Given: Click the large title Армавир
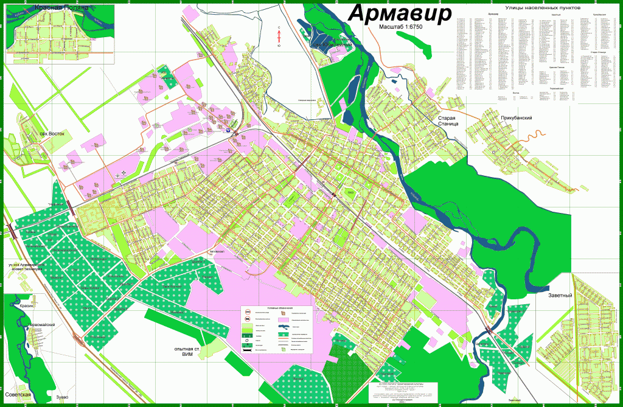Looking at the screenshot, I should point(400,13).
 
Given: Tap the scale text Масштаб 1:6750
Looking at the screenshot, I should point(404,28).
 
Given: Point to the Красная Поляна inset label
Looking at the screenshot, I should point(62,7).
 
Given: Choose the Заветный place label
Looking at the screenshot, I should point(560,295).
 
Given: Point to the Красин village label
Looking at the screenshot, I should point(26,306).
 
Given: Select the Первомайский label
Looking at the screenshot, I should point(41,325).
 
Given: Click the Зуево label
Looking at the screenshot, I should point(63,397).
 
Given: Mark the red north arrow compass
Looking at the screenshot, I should point(279,36).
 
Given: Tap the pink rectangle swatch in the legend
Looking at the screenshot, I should point(284,319).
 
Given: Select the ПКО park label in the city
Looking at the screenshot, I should point(350,193).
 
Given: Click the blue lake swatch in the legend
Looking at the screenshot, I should point(284,327).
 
